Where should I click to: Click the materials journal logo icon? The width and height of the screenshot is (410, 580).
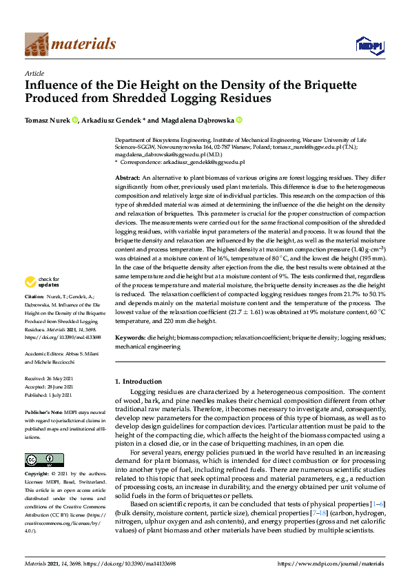point(37,45)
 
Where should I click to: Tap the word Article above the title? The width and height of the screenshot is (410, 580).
point(34,73)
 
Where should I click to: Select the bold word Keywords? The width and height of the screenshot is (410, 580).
point(131,339)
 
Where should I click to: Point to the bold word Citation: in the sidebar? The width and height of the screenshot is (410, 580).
point(36,315)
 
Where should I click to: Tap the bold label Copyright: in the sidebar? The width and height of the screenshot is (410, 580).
point(39,475)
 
